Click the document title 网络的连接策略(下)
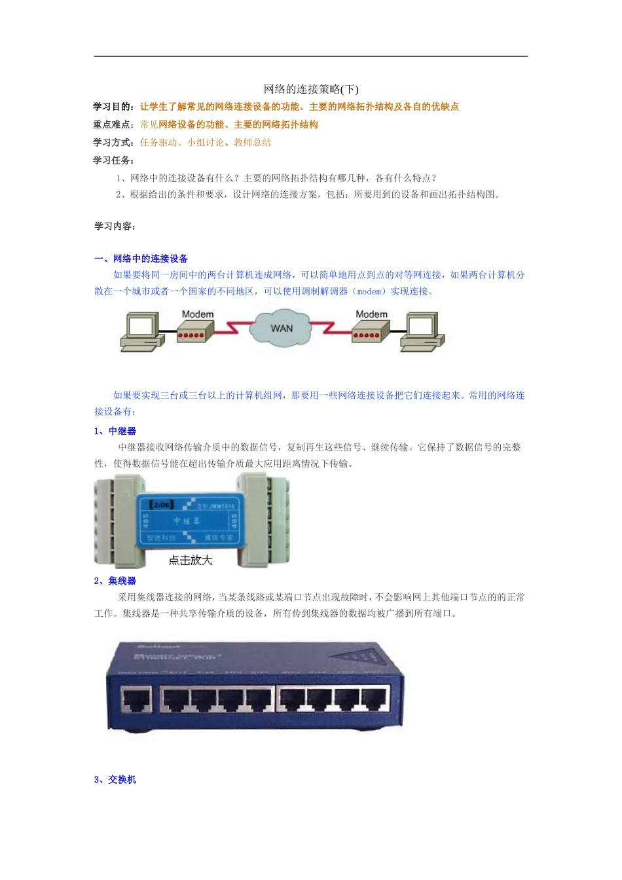[x=311, y=89]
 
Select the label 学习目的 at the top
[x=113, y=107]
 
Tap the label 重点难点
[x=113, y=124]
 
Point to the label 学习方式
[x=113, y=142]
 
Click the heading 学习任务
[x=113, y=160]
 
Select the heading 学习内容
[x=114, y=226]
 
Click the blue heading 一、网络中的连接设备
[x=141, y=259]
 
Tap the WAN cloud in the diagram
[x=282, y=329]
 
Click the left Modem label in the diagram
[x=198, y=314]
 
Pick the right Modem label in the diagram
[x=371, y=314]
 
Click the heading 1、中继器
[x=115, y=431]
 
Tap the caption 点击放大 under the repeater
[x=191, y=560]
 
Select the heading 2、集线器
[x=115, y=581]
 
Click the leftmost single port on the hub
[x=137, y=700]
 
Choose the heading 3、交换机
[x=115, y=779]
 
